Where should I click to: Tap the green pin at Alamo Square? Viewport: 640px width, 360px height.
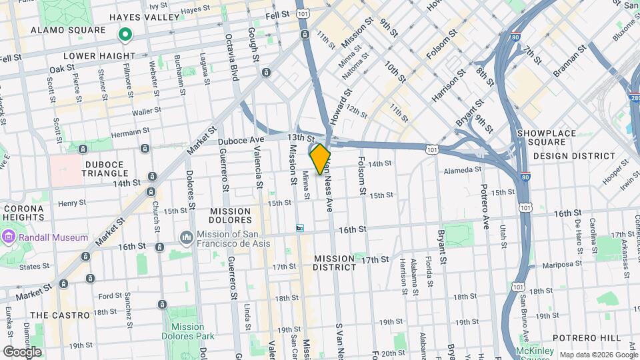124,33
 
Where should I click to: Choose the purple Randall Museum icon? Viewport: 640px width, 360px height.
8,237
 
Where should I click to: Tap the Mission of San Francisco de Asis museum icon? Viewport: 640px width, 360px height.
186,238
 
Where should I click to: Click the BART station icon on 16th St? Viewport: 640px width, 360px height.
300,228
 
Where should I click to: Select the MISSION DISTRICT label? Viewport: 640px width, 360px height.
335,263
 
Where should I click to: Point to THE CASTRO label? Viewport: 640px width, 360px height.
60,315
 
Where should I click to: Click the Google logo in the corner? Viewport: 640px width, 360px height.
22,351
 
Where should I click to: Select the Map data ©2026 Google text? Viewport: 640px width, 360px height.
597,354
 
